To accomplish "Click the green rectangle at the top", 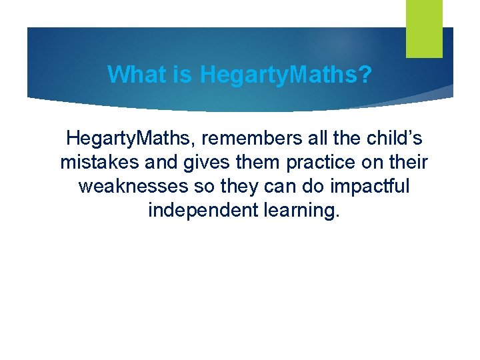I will click(x=424, y=28).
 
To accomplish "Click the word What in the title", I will click(x=137, y=75).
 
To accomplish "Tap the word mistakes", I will click(x=99, y=163).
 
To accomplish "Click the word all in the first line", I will click(x=303, y=139).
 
